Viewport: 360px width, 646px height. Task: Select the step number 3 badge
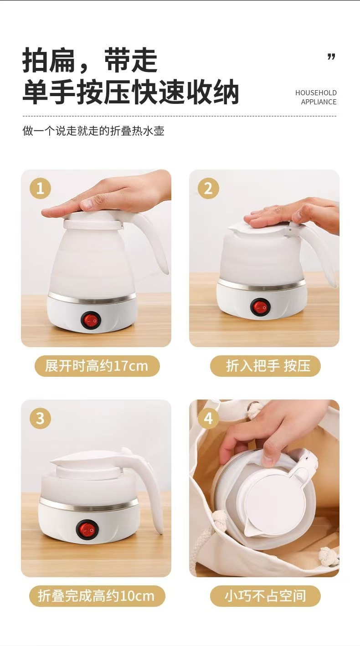tap(40, 418)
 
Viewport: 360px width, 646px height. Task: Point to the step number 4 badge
tap(208, 418)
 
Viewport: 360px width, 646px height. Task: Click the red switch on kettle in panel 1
tap(90, 320)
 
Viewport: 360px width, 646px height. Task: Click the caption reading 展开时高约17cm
tap(97, 366)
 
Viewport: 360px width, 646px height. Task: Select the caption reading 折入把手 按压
tap(265, 366)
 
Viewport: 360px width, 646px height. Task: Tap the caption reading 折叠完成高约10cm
tap(97, 596)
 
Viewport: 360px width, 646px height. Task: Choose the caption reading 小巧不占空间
tap(265, 596)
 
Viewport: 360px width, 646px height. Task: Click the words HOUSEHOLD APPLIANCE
tap(316, 97)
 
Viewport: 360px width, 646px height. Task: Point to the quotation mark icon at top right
tap(331, 57)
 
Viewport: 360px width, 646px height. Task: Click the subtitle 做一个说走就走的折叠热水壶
tap(93, 131)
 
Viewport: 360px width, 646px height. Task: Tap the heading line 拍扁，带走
tap(90, 60)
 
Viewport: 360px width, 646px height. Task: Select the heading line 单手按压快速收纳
tap(131, 92)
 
